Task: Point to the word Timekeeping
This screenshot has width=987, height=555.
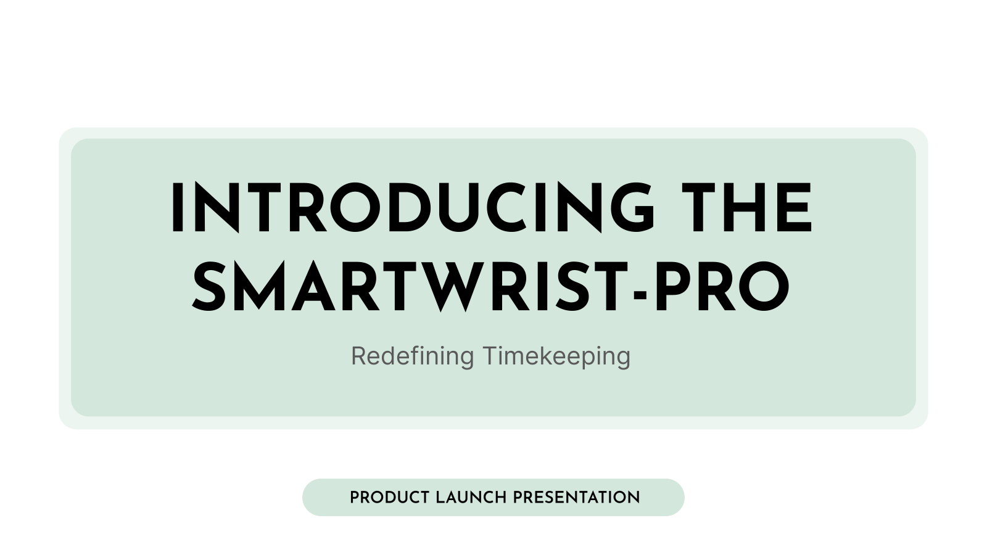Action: (x=556, y=356)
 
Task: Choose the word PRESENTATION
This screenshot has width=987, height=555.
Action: (x=576, y=498)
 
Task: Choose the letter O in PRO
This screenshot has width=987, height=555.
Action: (x=764, y=287)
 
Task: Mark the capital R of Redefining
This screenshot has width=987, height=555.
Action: (x=358, y=356)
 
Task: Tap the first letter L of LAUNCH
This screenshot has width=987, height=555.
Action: (x=440, y=498)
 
